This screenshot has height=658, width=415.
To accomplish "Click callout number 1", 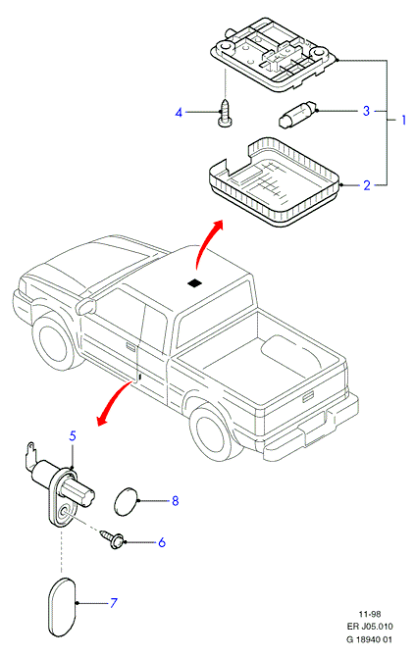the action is tap(403, 120).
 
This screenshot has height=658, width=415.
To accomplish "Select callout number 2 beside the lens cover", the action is tap(367, 185).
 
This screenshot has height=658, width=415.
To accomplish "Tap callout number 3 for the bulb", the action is tap(366, 111).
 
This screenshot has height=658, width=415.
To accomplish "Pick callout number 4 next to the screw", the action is tap(179, 113).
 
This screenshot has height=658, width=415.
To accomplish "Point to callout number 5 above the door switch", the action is tap(73, 435).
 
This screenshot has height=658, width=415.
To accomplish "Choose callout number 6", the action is tap(162, 542).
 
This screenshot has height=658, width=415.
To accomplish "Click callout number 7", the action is tap(114, 603).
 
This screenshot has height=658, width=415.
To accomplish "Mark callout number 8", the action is tap(176, 501).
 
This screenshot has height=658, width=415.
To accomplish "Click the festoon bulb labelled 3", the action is tap(297, 114).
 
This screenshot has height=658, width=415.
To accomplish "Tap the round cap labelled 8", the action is tap(126, 501).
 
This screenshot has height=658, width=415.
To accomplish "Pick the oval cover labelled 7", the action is tap(62, 607).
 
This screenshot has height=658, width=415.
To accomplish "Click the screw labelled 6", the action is tap(112, 538).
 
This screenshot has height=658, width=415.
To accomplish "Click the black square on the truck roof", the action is tap(194, 283).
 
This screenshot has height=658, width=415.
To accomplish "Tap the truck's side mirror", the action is tap(86, 306).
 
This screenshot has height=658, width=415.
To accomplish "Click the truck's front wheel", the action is tap(54, 341).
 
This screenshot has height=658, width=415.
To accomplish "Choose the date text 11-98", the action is tap(370, 614).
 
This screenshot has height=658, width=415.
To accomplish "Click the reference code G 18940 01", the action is tap(369, 639).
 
